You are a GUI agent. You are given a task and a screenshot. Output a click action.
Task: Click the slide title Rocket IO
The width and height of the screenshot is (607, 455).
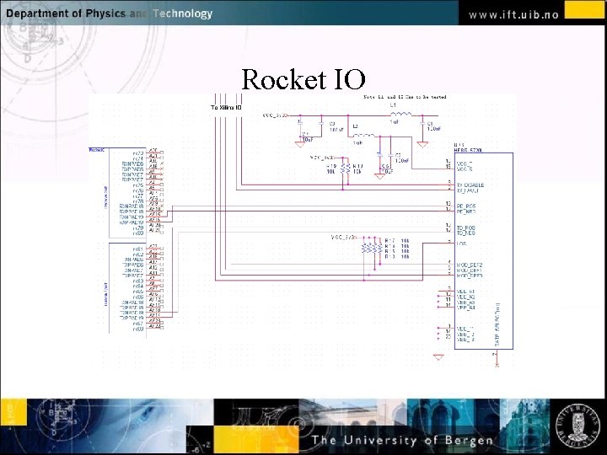303,79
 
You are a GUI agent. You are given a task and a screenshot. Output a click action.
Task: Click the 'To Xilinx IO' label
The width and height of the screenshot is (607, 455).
226,108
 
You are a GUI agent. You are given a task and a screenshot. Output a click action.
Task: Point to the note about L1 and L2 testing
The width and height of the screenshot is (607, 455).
405,97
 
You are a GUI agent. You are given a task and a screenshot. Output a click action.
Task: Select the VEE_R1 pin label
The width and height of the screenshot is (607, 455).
466,292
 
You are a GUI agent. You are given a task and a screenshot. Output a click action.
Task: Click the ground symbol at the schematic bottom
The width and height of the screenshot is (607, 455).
438,357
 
